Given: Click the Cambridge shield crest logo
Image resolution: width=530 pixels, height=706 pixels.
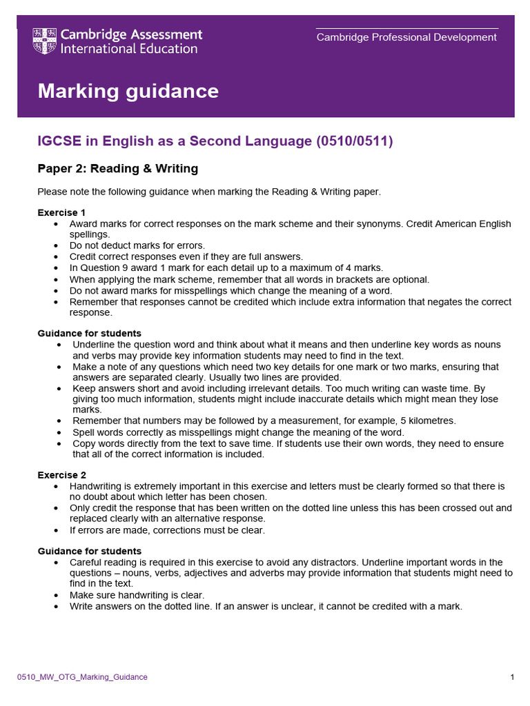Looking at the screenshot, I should (x=46, y=41).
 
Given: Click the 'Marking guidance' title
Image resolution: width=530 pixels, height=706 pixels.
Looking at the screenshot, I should (x=128, y=91).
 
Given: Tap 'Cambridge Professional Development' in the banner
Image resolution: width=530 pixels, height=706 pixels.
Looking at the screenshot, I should (x=406, y=37).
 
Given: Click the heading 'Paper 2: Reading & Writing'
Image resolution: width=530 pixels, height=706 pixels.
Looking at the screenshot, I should (x=117, y=168).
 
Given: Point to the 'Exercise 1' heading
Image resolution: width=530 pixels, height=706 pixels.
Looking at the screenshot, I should (x=61, y=212).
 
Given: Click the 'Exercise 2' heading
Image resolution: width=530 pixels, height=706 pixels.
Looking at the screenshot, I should (x=61, y=475).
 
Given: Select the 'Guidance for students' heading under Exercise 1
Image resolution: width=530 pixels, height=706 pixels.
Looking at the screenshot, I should (x=89, y=333).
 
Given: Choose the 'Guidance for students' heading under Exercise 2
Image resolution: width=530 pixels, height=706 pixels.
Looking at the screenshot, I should (x=89, y=551).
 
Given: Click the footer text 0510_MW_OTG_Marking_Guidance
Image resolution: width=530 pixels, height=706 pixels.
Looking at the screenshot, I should (x=82, y=677).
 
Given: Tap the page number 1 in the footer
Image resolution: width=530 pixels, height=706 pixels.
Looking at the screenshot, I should (x=512, y=677).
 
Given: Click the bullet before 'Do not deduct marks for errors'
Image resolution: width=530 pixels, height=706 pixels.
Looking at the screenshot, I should (x=55, y=245).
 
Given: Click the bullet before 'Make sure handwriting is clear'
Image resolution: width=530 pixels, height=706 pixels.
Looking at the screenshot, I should (x=55, y=595).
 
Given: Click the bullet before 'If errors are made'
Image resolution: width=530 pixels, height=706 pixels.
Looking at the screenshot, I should (x=55, y=530).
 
